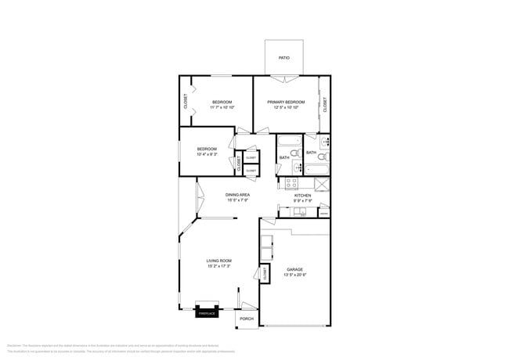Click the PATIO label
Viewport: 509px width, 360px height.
click(x=283, y=57)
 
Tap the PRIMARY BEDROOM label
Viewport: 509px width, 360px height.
click(x=285, y=102)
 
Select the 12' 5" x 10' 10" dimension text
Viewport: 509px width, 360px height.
click(x=285, y=108)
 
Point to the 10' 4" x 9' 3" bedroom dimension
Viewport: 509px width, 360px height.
click(x=207, y=154)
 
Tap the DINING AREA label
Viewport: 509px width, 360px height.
click(x=237, y=194)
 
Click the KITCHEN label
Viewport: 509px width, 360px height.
click(x=302, y=195)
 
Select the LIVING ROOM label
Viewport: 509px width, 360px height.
click(x=218, y=261)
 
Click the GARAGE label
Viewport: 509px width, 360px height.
click(x=294, y=269)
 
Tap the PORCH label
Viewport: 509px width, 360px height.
click(x=247, y=319)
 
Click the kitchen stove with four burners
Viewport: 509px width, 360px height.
click(x=291, y=184)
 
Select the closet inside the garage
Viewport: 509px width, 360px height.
click(x=265, y=273)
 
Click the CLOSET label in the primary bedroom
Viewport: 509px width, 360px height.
click(x=325, y=103)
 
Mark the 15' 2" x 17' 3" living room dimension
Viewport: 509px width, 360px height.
click(x=218, y=267)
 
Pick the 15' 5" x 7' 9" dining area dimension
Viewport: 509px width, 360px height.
click(x=237, y=200)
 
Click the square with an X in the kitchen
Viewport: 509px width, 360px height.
click(x=321, y=184)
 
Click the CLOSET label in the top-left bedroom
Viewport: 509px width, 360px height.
click(x=186, y=101)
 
